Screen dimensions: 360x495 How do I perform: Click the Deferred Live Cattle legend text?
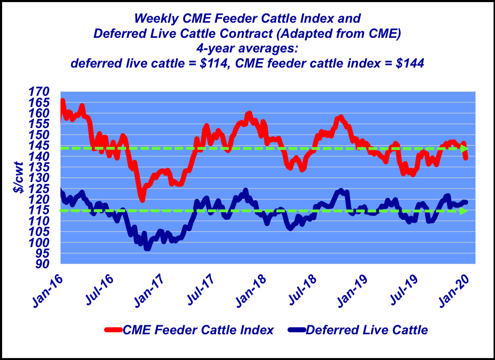click(x=367, y=330)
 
